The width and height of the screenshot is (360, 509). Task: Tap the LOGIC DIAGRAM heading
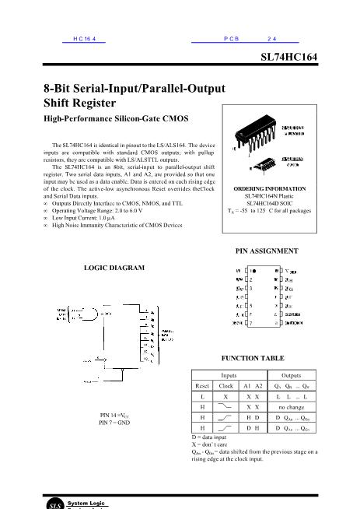(x=114, y=268)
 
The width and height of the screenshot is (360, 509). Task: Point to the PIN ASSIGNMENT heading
(x=267, y=251)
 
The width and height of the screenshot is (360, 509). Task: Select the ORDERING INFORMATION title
(x=267, y=188)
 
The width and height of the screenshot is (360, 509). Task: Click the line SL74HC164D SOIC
(x=267, y=203)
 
